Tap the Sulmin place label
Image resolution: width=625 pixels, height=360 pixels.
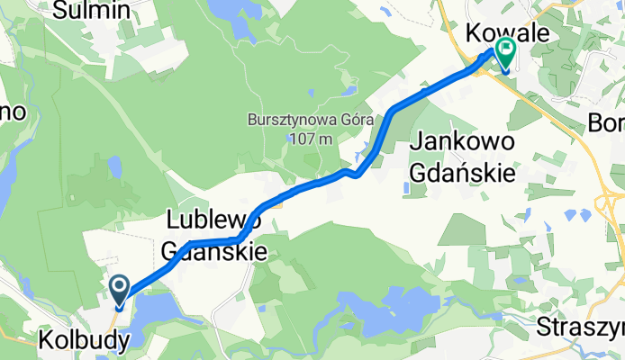coord(93,11)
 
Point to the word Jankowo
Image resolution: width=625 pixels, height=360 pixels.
coord(463,142)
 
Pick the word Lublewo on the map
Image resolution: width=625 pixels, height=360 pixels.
coord(214,220)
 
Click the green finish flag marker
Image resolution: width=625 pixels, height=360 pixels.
coord(505,56)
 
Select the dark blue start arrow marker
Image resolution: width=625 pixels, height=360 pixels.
coord(120,291)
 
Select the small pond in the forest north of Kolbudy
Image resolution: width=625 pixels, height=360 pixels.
coord(113,167)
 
